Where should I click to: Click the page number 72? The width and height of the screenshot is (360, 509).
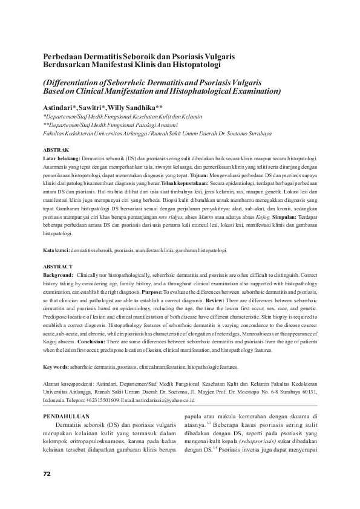(x=47, y=473)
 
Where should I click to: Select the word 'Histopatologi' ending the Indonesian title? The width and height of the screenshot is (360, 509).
(x=194, y=63)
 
